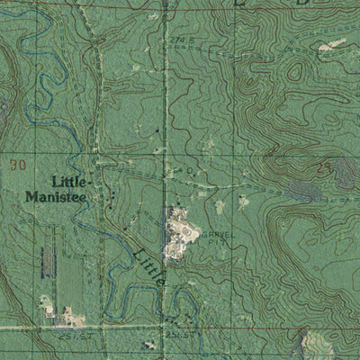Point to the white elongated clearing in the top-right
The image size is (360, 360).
click(333, 42)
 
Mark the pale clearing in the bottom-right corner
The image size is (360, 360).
click(310, 343)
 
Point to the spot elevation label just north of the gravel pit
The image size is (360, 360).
click(173, 169)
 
